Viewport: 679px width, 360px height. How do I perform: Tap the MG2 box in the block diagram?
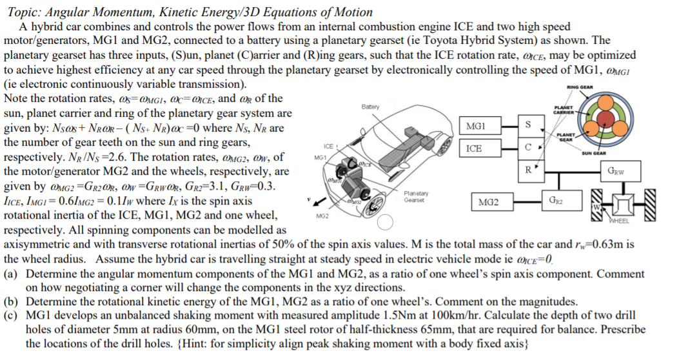point(488,202)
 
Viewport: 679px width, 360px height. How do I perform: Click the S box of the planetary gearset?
point(528,124)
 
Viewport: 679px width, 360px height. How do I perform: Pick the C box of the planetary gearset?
point(528,148)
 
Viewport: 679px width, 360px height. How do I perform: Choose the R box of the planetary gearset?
point(528,171)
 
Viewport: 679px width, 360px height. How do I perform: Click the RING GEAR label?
point(580,88)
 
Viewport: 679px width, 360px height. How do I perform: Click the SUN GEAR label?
point(594,153)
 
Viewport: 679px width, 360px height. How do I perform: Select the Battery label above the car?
point(371,107)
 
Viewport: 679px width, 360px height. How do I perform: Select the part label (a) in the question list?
point(11,274)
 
